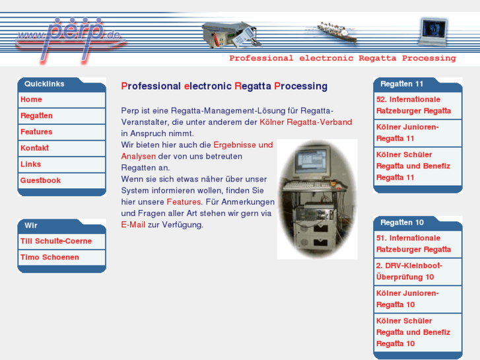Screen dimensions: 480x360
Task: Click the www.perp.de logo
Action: click(71, 40)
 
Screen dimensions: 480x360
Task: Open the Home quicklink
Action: click(31, 100)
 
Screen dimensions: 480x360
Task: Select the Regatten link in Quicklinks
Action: click(36, 116)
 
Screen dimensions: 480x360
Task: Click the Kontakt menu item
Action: click(34, 148)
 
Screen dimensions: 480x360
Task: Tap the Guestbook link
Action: click(40, 180)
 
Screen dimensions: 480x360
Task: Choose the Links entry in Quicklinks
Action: click(30, 164)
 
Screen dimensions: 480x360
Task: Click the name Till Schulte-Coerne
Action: click(56, 241)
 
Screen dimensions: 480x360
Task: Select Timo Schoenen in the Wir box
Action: click(50, 258)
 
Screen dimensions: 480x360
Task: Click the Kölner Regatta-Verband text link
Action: click(306, 122)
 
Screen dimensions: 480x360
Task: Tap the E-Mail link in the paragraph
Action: click(133, 225)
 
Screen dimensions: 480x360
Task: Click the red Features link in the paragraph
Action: click(184, 202)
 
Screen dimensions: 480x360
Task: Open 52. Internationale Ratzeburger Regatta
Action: click(413, 105)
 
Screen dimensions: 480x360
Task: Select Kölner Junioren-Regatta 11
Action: click(407, 133)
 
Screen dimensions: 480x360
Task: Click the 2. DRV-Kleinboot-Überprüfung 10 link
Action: click(409, 271)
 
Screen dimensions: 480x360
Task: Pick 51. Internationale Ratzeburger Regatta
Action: click(413, 244)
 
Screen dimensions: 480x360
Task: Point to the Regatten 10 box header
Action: click(402, 223)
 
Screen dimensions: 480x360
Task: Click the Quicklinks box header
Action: click(44, 84)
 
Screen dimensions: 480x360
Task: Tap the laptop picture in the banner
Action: click(434, 32)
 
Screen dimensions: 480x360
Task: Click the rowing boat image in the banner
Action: click(337, 32)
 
